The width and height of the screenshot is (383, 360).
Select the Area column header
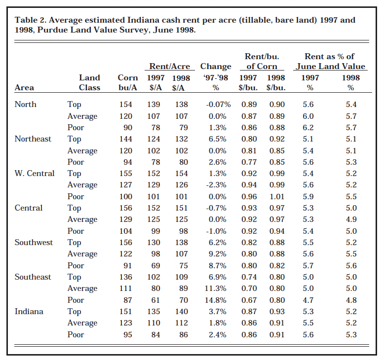(24, 87)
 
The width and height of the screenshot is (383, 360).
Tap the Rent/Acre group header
(169, 66)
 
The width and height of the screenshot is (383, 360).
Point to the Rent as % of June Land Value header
(329, 61)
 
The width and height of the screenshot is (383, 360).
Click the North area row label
(25, 105)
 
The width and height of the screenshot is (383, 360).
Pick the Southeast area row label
(33, 277)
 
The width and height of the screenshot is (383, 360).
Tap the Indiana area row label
(29, 312)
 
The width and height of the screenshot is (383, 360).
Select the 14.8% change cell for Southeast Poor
(216, 300)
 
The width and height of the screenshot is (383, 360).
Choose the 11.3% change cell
(216, 288)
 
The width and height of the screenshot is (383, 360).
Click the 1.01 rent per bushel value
(275, 197)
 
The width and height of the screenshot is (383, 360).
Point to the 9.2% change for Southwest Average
(217, 254)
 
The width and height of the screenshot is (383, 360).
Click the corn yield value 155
(126, 174)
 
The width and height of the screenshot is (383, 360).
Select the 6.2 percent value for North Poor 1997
(308, 128)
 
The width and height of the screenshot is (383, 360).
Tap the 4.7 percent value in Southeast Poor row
(308, 300)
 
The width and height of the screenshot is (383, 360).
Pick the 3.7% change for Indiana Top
(217, 312)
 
